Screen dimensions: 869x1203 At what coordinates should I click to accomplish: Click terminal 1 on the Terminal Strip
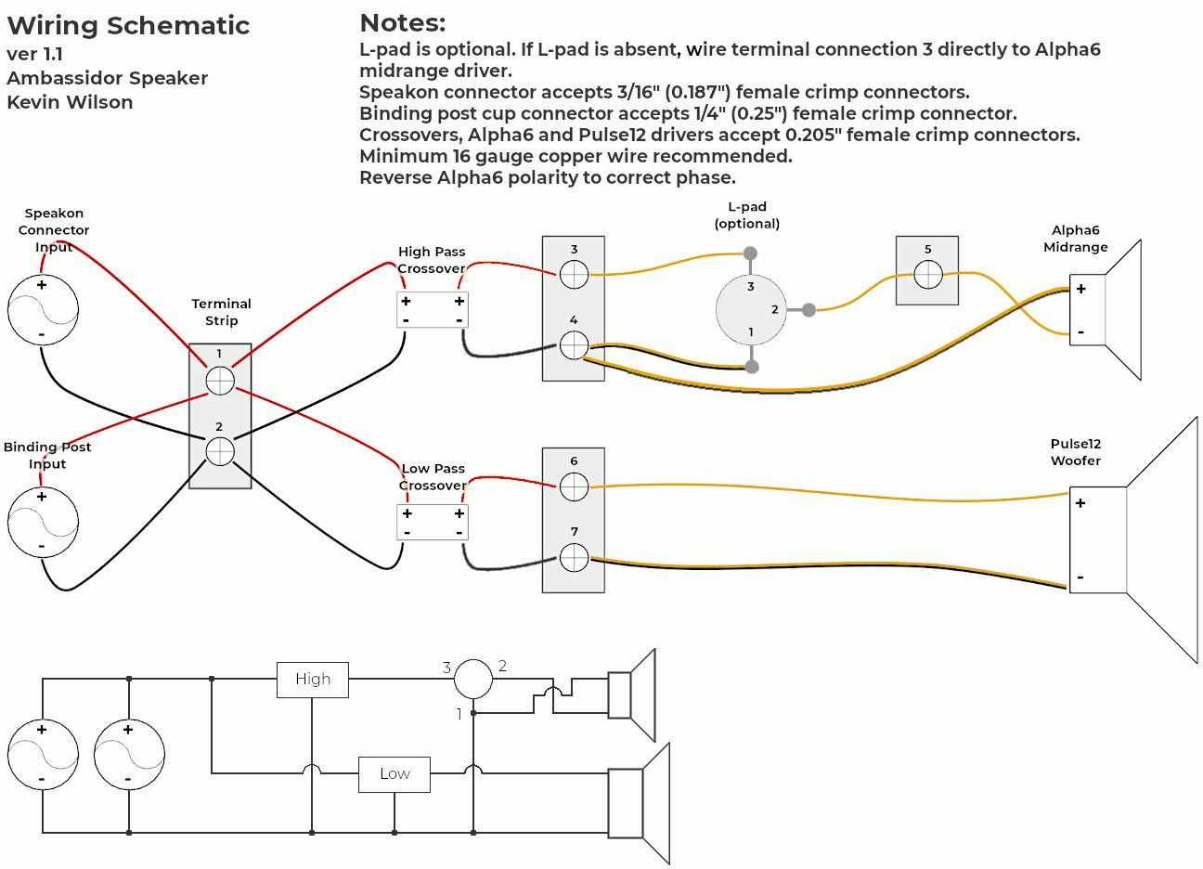[x=220, y=380]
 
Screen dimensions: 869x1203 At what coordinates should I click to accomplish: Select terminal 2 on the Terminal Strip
[x=220, y=451]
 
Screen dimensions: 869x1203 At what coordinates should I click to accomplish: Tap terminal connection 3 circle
[x=574, y=274]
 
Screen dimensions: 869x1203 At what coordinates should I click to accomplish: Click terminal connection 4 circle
[x=574, y=346]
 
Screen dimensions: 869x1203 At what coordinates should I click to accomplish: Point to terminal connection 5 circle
[x=927, y=275]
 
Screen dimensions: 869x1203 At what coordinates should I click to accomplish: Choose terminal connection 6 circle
[x=574, y=486]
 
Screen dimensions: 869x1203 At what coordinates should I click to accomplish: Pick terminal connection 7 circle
[x=574, y=558]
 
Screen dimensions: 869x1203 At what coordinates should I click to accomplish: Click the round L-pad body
[x=751, y=310]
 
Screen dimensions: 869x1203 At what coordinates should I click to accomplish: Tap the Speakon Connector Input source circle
[x=43, y=310]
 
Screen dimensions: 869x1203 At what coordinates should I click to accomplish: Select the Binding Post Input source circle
[x=43, y=522]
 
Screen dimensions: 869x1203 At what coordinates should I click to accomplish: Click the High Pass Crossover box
[x=433, y=310]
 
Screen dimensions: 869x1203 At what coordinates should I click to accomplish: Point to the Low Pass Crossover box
[x=433, y=523]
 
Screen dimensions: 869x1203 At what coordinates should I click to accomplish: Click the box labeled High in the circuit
[x=313, y=680]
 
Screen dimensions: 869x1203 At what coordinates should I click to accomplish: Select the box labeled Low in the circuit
[x=395, y=774]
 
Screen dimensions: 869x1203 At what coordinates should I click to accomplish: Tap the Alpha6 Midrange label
[x=1076, y=239]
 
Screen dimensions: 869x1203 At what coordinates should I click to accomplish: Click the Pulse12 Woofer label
[x=1076, y=452]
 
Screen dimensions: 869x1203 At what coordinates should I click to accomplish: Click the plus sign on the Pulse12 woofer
[x=1080, y=503]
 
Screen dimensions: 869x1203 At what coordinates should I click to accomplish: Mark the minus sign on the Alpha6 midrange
[x=1080, y=332]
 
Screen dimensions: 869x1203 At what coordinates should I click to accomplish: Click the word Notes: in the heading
[x=403, y=23]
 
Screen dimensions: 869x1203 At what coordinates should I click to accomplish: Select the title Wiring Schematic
[x=128, y=26]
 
